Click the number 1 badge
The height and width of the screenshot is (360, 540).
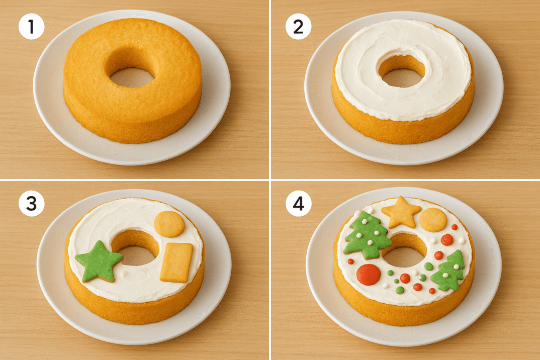(x=31, y=27)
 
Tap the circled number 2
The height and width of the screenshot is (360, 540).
(x=298, y=27)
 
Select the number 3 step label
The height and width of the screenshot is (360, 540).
(x=31, y=203)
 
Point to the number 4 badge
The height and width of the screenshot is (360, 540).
(x=298, y=203)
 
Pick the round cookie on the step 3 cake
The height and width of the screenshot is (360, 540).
(x=169, y=224)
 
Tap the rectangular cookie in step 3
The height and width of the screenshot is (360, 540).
(x=176, y=263)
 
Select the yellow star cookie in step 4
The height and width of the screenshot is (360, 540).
(x=401, y=212)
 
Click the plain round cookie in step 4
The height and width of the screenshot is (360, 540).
(x=433, y=220)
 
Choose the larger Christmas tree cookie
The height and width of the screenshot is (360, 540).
(x=367, y=235)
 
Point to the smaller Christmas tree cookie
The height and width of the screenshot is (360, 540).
(x=447, y=271)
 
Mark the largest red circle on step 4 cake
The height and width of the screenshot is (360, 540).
(x=369, y=275)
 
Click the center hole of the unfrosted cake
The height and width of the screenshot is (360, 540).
(x=132, y=77)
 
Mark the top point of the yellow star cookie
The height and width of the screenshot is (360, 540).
(x=401, y=197)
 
